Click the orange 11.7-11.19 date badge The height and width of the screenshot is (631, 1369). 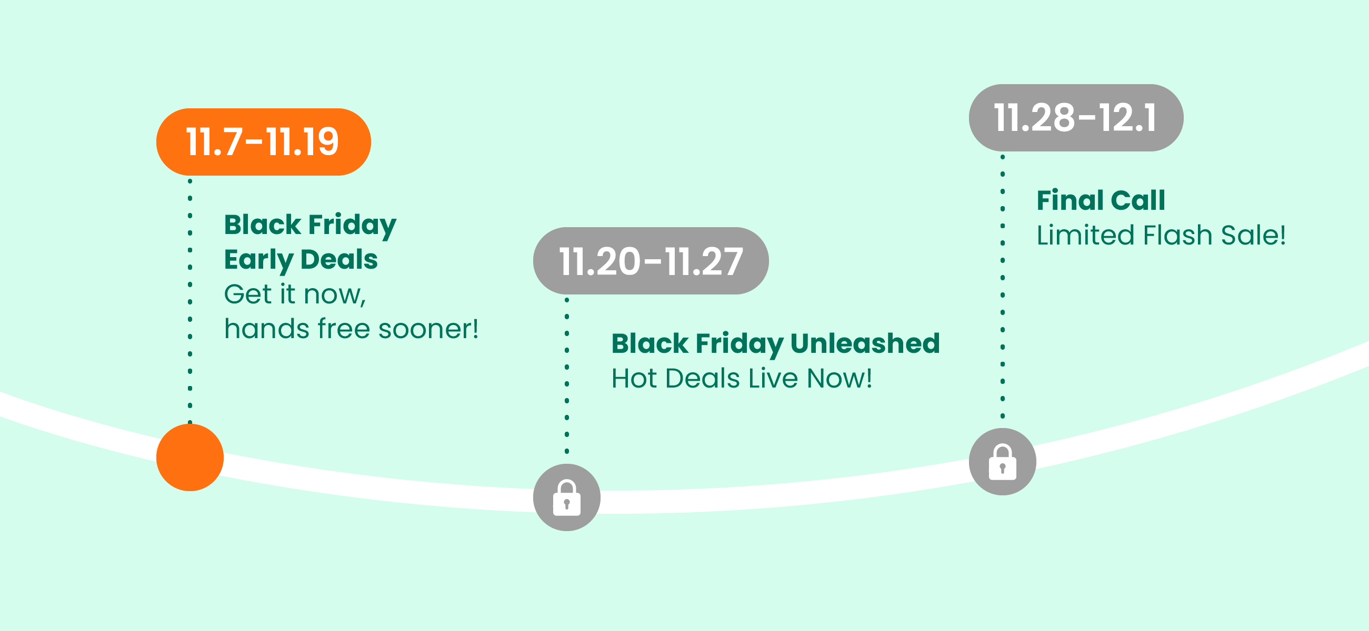click(264, 142)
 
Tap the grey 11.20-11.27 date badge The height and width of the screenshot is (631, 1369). click(651, 261)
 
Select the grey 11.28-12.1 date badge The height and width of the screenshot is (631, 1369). click(1076, 117)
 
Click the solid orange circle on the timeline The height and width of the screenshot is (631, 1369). click(189, 457)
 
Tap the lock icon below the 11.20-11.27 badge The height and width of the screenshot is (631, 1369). click(566, 497)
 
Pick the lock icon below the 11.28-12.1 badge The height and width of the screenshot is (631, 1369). click(1002, 462)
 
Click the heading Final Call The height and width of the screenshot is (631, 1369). click(1101, 200)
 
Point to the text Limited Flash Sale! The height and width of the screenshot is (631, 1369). click(1161, 235)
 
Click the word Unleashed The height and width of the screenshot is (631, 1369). click(865, 343)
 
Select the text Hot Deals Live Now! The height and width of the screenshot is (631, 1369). click(742, 378)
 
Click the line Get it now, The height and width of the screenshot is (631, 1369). click(295, 294)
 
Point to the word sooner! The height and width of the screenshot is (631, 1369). click(428, 329)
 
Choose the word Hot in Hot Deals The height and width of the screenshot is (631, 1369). click(635, 378)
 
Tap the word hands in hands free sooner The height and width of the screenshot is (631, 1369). click(267, 329)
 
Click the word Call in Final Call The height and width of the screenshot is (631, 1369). click(1138, 200)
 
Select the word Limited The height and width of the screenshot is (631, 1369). click(1086, 235)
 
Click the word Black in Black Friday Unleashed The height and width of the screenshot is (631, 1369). click(649, 343)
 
